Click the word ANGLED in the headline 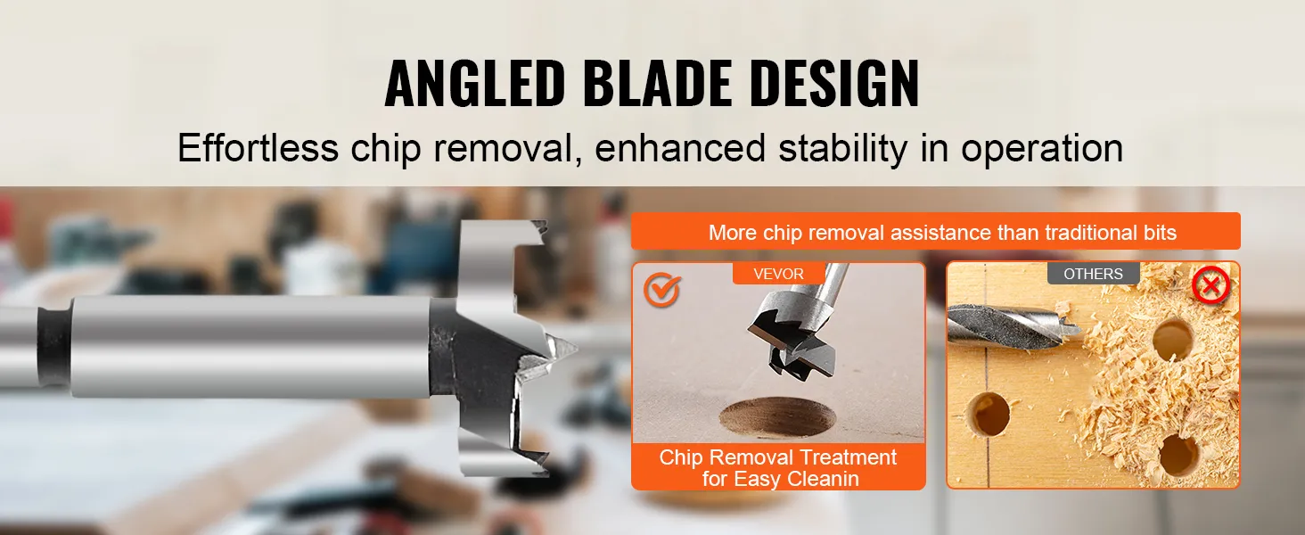point(475,83)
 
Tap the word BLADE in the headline point(658,83)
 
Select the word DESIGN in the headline point(835,83)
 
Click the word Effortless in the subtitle point(259,147)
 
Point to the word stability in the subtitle point(843,149)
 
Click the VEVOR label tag point(778,274)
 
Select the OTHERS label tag point(1093,274)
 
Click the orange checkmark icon point(661,290)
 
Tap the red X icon point(1211,285)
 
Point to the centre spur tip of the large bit point(576,350)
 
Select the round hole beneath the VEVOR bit point(778,416)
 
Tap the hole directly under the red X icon point(1173,339)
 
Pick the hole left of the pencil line point(989,414)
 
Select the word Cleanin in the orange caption point(823,479)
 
